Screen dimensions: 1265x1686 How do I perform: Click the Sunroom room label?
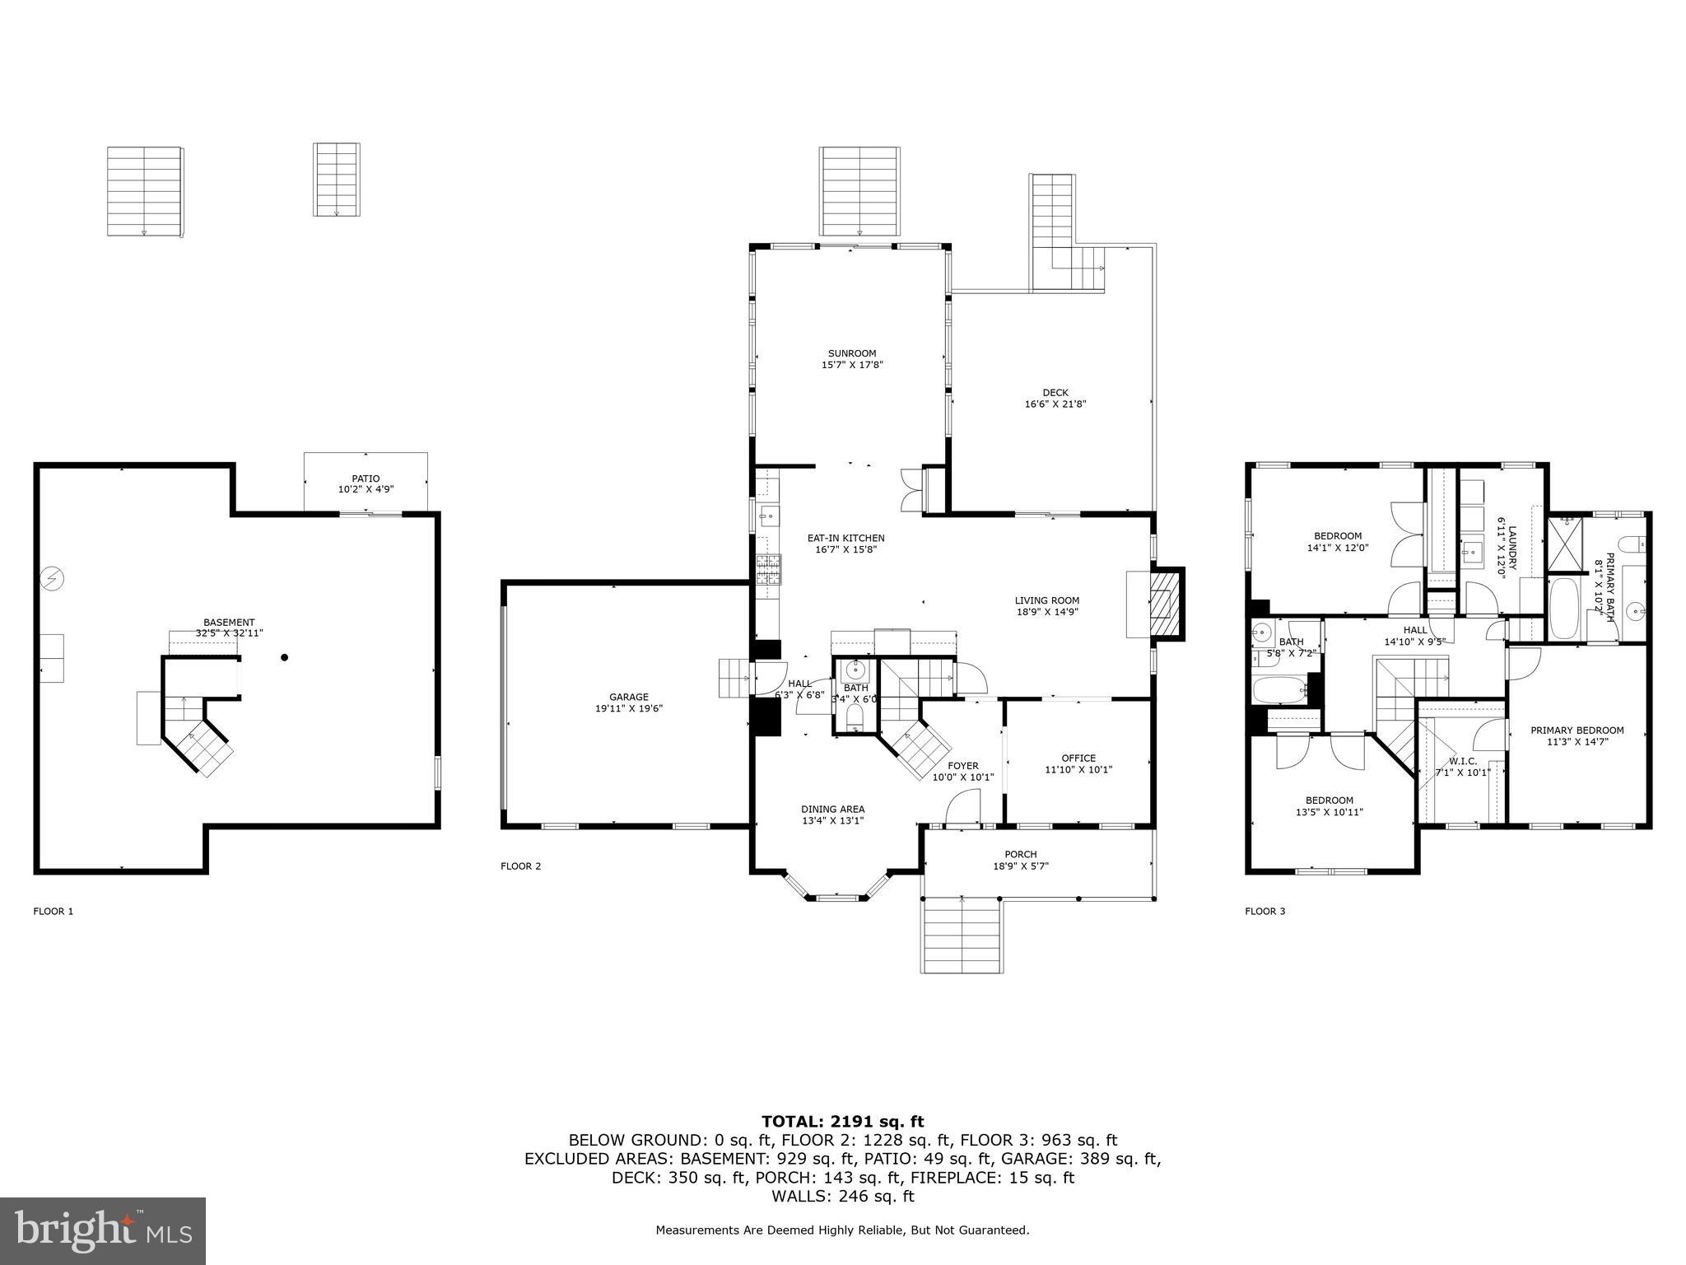pyautogui.click(x=851, y=353)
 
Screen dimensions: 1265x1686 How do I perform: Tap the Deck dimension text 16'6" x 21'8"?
pyautogui.click(x=1055, y=404)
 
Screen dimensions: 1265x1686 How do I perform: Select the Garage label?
pyautogui.click(x=628, y=697)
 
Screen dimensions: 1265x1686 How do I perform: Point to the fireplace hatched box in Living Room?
pyautogui.click(x=1162, y=604)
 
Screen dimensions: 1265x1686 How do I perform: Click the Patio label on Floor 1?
pyautogui.click(x=366, y=478)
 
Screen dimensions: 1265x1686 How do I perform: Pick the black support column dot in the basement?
pyautogui.click(x=285, y=657)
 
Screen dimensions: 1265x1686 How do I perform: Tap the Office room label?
pyautogui.click(x=1078, y=759)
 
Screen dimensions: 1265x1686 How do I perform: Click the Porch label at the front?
pyautogui.click(x=1020, y=854)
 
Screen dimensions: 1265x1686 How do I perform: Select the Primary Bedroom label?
pyautogui.click(x=1577, y=731)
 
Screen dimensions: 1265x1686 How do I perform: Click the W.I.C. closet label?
pyautogui.click(x=1462, y=761)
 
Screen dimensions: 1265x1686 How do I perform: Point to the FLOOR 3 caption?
pyautogui.click(x=1264, y=912)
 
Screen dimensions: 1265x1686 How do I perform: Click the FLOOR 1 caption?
pyautogui.click(x=54, y=912)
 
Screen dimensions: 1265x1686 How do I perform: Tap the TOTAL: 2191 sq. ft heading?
pyautogui.click(x=842, y=1122)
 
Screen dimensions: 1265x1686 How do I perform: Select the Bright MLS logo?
pyautogui.click(x=103, y=1230)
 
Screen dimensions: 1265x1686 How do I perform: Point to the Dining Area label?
pyautogui.click(x=832, y=809)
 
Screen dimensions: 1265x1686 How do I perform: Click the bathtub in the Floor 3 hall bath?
pyautogui.click(x=1278, y=690)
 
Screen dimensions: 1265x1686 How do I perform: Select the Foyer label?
pyautogui.click(x=962, y=766)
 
